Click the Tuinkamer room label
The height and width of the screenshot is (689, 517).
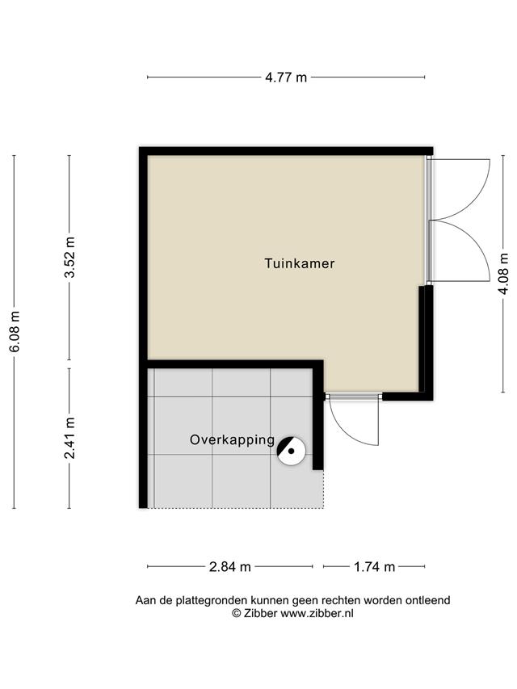coord(300,263)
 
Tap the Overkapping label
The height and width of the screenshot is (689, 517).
coord(232,440)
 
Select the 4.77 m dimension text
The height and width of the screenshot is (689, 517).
coord(286,78)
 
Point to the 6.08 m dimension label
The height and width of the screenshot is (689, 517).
coord(15,331)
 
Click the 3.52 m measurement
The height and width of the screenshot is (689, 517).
coord(70,257)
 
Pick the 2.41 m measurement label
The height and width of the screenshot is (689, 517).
coord(70,438)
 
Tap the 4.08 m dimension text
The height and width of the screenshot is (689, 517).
coord(504,273)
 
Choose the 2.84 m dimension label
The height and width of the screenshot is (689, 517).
coord(230,567)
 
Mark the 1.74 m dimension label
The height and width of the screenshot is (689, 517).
coord(374,567)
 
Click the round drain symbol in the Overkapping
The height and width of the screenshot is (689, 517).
coord(291,452)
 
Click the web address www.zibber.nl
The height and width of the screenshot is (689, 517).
coord(317,613)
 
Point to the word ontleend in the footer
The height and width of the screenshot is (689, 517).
coord(429,600)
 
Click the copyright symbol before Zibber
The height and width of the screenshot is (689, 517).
coord(237,613)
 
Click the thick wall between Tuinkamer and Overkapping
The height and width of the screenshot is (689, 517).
coord(235,364)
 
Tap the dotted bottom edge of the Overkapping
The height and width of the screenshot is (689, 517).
coord(235,508)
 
